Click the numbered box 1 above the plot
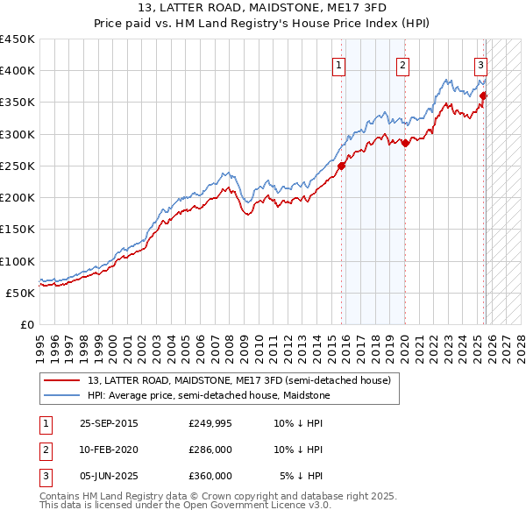coord(338,64)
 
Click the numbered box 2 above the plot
coord(402,64)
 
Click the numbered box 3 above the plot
coord(481,64)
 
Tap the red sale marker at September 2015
coord(342,166)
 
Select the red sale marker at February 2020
coord(405,143)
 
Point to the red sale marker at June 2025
coord(483,96)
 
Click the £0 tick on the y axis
coord(26,324)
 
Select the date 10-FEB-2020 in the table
coord(109,450)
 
